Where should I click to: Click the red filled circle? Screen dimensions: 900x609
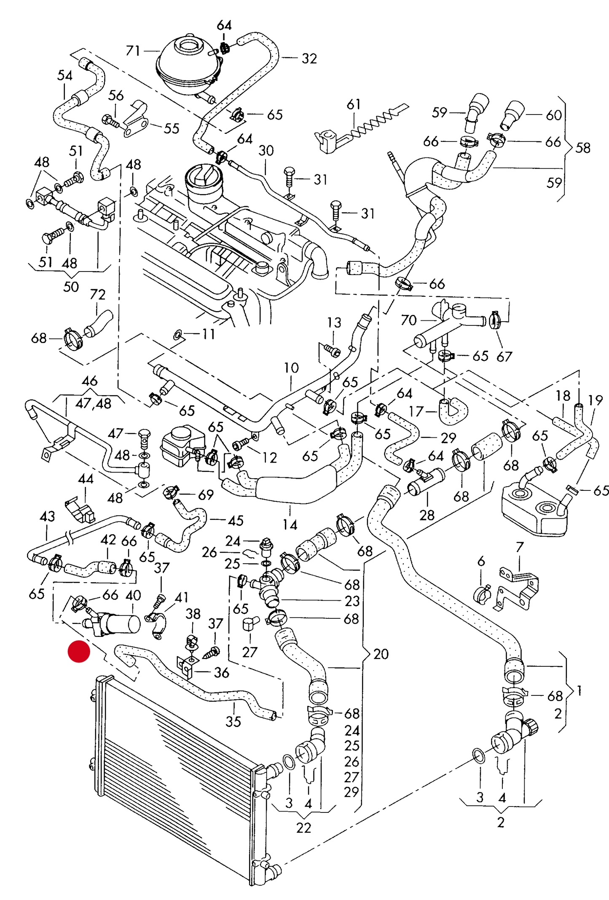click(79, 652)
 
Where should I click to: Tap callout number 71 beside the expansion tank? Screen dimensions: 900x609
click(133, 51)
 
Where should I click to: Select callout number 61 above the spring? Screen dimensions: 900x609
click(353, 104)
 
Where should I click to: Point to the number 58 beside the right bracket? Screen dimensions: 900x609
click(583, 148)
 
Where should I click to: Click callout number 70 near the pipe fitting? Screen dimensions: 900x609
click(408, 320)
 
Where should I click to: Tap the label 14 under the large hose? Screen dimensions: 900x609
click(290, 525)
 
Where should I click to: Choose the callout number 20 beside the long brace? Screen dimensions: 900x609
click(381, 654)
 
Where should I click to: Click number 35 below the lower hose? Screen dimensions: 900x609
click(233, 722)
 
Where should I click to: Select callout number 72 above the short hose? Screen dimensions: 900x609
click(97, 294)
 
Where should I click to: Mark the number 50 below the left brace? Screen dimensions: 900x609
click(71, 287)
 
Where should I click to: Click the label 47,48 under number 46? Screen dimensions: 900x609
click(93, 404)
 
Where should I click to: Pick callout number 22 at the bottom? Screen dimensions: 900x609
click(303, 828)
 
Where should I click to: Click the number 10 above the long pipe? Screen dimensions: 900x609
click(291, 367)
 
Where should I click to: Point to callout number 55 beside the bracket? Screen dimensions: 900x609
click(171, 128)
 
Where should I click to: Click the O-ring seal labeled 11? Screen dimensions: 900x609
click(178, 335)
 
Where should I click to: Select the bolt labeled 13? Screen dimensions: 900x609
click(332, 350)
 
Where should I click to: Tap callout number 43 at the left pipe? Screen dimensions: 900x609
click(47, 516)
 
